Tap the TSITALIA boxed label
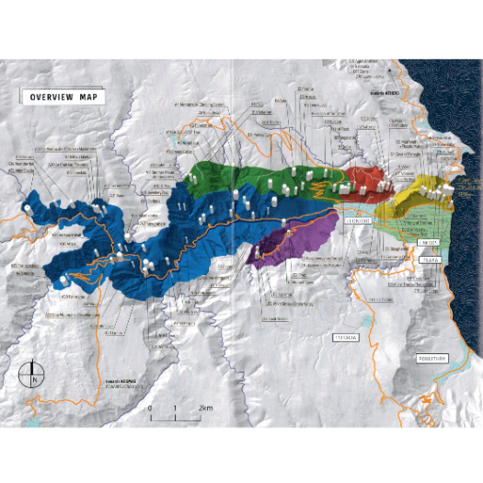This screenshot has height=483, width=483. (x=348, y=338)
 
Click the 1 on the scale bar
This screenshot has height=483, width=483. (x=174, y=408)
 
